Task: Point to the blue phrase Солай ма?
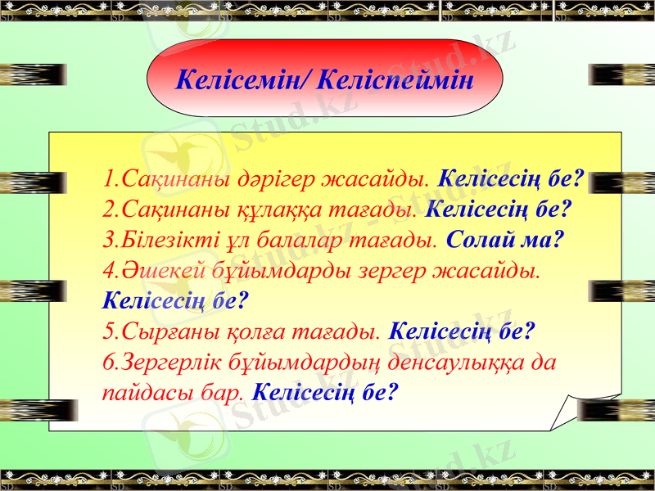pos(508,241)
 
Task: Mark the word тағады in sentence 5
pos(335,332)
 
